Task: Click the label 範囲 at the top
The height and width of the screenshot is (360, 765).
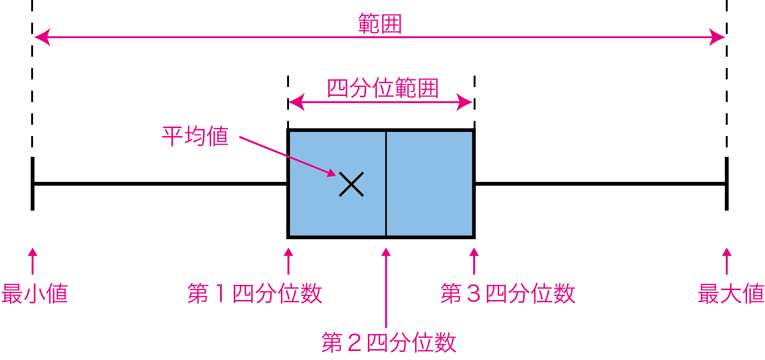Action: (x=380, y=24)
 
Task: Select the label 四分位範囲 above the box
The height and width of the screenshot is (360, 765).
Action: (x=382, y=88)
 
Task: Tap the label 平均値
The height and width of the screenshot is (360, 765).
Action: (x=195, y=136)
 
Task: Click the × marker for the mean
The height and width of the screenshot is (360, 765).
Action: (x=351, y=184)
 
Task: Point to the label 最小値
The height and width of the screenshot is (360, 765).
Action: (x=34, y=293)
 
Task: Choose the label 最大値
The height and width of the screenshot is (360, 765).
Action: (x=731, y=293)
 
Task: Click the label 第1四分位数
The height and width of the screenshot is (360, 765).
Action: (x=255, y=293)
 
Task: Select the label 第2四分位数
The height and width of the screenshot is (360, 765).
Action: (x=389, y=343)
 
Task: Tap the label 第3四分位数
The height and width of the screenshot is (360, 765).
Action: (x=508, y=293)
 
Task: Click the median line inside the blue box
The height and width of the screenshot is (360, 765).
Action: (x=386, y=208)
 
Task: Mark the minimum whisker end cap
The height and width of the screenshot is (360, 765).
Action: (x=32, y=184)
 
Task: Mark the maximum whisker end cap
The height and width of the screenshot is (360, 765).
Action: (x=726, y=184)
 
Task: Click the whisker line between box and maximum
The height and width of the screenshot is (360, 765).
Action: (x=600, y=184)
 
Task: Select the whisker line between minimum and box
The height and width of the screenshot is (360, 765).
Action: (x=161, y=184)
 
